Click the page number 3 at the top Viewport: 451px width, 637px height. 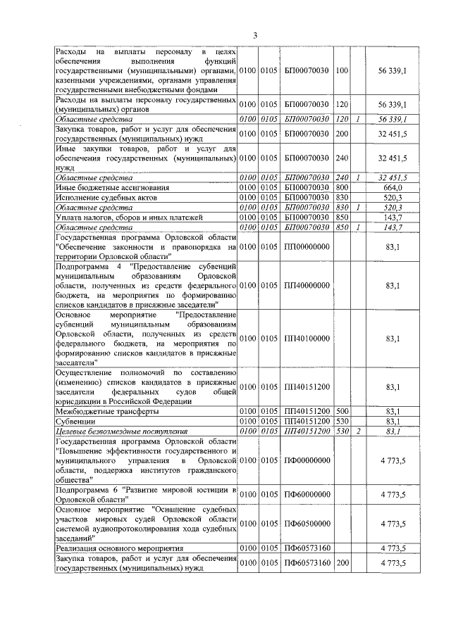point(256,36)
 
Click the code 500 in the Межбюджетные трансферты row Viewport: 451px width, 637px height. point(342,410)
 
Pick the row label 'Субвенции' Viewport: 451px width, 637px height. point(75,420)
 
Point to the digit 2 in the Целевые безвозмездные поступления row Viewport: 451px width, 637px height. point(358,430)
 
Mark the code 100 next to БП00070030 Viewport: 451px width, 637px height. point(342,71)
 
